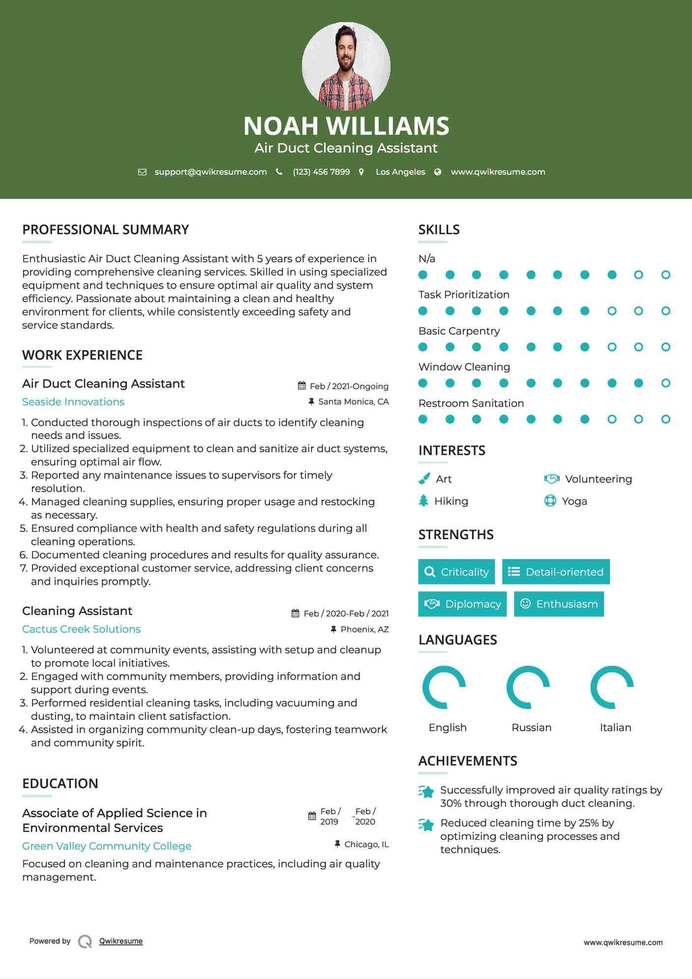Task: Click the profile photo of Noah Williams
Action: tap(346, 66)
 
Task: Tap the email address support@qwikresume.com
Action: tap(211, 172)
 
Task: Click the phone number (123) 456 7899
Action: tap(321, 172)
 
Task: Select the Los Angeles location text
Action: tap(400, 172)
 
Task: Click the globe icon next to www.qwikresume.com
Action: tap(438, 172)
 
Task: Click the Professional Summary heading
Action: tap(106, 230)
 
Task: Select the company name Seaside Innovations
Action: tap(73, 402)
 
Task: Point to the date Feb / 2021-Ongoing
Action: tap(349, 386)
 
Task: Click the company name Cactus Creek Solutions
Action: tap(81, 629)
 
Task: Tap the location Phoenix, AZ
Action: tap(364, 629)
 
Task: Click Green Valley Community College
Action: tap(107, 846)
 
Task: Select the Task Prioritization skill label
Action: tap(464, 295)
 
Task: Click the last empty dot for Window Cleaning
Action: tap(665, 383)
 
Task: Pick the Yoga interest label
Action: tap(574, 501)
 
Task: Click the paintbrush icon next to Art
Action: tap(424, 479)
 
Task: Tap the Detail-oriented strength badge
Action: tap(556, 572)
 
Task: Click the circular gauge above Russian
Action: tap(528, 687)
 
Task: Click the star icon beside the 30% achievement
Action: tap(426, 792)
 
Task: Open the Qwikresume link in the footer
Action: tap(121, 941)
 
